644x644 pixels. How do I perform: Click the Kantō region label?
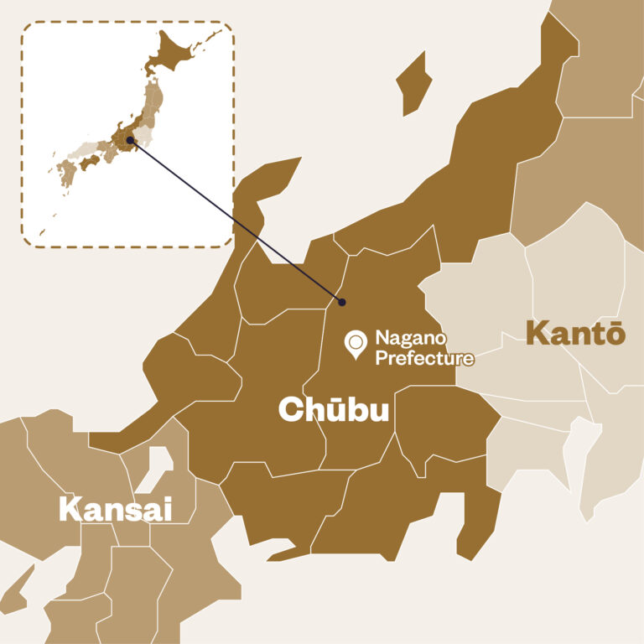click(575, 333)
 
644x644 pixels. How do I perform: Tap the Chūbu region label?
click(334, 409)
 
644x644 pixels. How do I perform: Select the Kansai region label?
click(115, 509)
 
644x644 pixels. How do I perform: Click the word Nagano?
click(410, 340)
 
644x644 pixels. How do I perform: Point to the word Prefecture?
click(424, 358)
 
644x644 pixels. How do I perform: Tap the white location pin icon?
click(356, 344)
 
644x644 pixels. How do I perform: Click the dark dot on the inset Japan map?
click(129, 140)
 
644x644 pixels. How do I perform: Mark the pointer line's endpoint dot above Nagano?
click(341, 301)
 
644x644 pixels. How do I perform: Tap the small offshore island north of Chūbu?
click(413, 80)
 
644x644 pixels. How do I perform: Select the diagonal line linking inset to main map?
click(235, 221)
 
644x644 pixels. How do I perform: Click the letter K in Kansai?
click(69, 510)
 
